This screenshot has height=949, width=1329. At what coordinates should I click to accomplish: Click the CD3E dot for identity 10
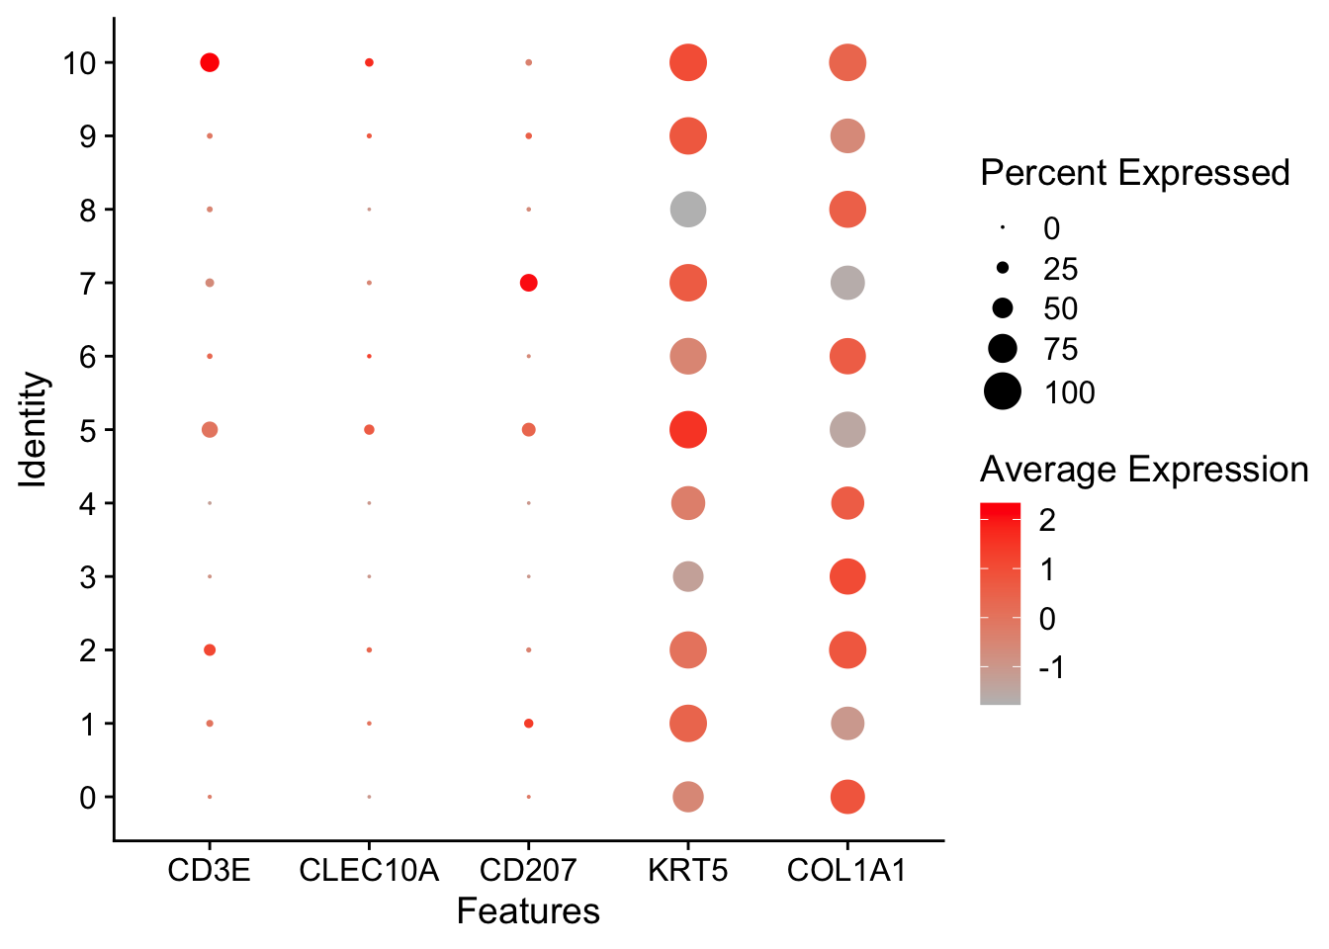tap(210, 62)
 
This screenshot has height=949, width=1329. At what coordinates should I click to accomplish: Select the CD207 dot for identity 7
tap(528, 283)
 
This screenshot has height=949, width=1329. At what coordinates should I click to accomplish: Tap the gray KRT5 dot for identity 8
tap(687, 210)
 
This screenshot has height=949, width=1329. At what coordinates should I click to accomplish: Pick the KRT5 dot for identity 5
tap(687, 430)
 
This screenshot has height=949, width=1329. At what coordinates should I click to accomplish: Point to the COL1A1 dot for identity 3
tap(846, 576)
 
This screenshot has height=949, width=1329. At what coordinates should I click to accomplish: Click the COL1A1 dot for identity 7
tap(846, 283)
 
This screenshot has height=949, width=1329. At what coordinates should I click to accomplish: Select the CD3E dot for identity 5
tap(210, 430)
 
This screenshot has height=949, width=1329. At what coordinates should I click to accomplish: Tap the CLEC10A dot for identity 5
tap(369, 430)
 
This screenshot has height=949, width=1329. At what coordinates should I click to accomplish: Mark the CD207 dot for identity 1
tap(528, 724)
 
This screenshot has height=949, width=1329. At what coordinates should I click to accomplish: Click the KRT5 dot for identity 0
tap(687, 797)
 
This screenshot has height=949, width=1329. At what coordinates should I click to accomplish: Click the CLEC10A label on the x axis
tap(369, 871)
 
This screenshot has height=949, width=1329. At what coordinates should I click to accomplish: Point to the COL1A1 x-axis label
tap(846, 871)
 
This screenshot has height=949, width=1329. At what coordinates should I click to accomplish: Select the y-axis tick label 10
tap(79, 63)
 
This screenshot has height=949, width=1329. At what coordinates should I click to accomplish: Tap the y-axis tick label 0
tap(88, 798)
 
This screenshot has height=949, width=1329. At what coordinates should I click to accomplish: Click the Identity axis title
tap(35, 430)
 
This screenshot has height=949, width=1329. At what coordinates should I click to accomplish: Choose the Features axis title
tap(528, 911)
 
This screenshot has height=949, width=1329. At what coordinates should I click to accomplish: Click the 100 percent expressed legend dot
tap(1003, 391)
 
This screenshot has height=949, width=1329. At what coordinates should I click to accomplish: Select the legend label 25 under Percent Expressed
tap(1060, 269)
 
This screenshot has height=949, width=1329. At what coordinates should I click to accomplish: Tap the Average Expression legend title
tap(1144, 470)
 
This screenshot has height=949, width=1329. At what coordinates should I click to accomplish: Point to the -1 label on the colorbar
tap(1051, 667)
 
